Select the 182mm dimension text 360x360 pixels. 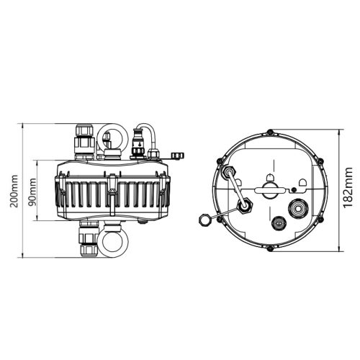(x=348, y=190)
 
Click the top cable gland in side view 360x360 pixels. (x=84, y=141)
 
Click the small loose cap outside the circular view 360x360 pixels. (x=202, y=219)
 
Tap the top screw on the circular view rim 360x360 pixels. (x=269, y=132)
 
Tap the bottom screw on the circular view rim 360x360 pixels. (x=269, y=249)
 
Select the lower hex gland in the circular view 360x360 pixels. (x=246, y=207)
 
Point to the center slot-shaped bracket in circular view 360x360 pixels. (x=269, y=189)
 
